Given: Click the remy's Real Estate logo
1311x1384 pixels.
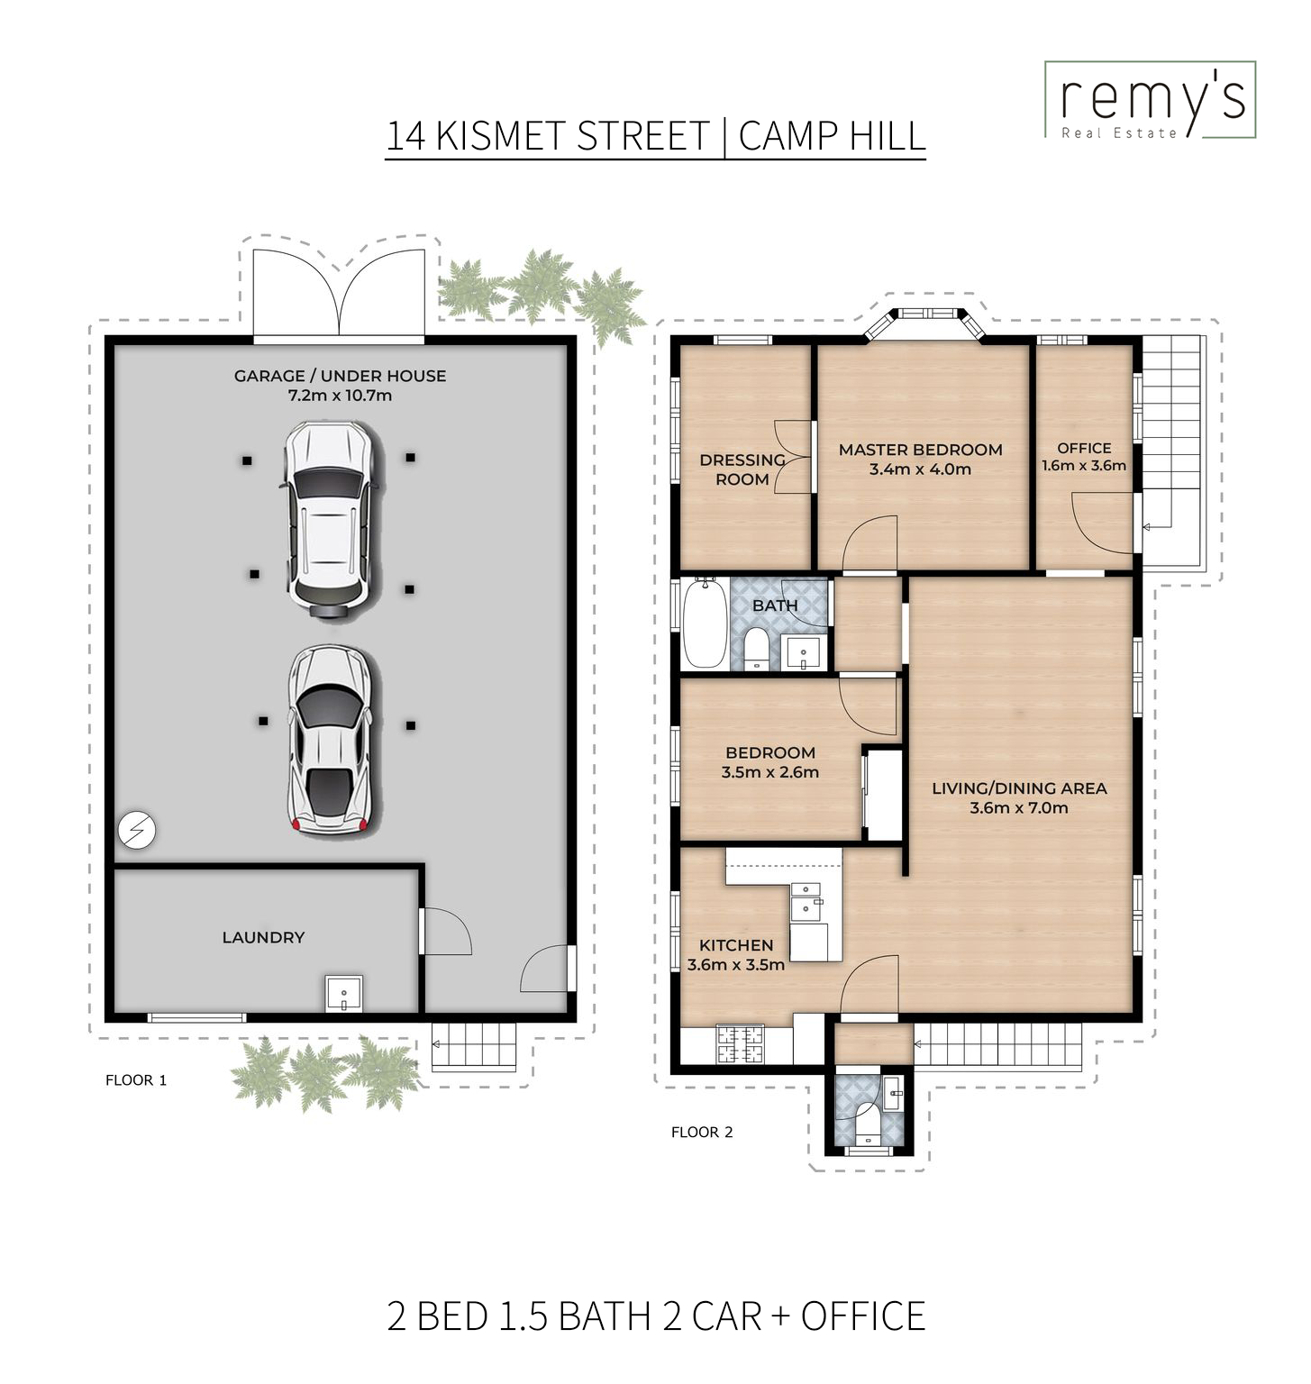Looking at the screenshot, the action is pyautogui.click(x=1150, y=100).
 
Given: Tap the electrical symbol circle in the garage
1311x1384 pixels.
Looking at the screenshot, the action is pyautogui.click(x=137, y=830).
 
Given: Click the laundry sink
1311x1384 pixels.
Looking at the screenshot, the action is pyautogui.click(x=343, y=993).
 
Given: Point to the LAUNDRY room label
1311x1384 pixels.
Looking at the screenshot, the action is pyautogui.click(x=263, y=937).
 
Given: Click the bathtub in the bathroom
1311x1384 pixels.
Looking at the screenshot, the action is pyautogui.click(x=705, y=624).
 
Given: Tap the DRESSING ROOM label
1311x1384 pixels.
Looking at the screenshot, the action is pyautogui.click(x=742, y=469).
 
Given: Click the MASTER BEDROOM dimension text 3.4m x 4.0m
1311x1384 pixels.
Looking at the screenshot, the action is pyautogui.click(x=920, y=469).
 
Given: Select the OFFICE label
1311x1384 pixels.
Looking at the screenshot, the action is pyautogui.click(x=1084, y=448).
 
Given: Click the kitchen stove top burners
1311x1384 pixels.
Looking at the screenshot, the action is pyautogui.click(x=740, y=1044).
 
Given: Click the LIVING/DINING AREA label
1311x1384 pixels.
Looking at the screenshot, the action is pyautogui.click(x=1019, y=788).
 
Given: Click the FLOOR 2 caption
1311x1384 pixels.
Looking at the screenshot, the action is pyautogui.click(x=702, y=1132).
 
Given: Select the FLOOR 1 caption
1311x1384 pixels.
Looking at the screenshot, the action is pyautogui.click(x=136, y=1079).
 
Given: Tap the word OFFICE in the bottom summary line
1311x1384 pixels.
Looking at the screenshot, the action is pyautogui.click(x=862, y=1316).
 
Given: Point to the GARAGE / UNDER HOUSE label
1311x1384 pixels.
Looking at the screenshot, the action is pyautogui.click(x=340, y=376).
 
